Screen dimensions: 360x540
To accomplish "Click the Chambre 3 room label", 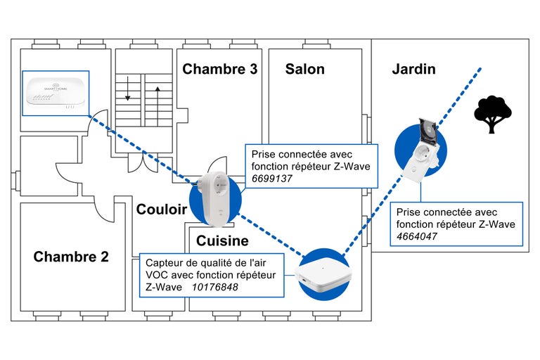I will point(219,69).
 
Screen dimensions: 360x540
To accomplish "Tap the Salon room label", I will point(304,69).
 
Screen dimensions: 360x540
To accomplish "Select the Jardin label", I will point(413,69).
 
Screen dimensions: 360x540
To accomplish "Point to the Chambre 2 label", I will point(71,257).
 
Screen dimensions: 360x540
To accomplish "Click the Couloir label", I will point(162,210).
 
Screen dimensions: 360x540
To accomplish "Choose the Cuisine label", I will point(222,241).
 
